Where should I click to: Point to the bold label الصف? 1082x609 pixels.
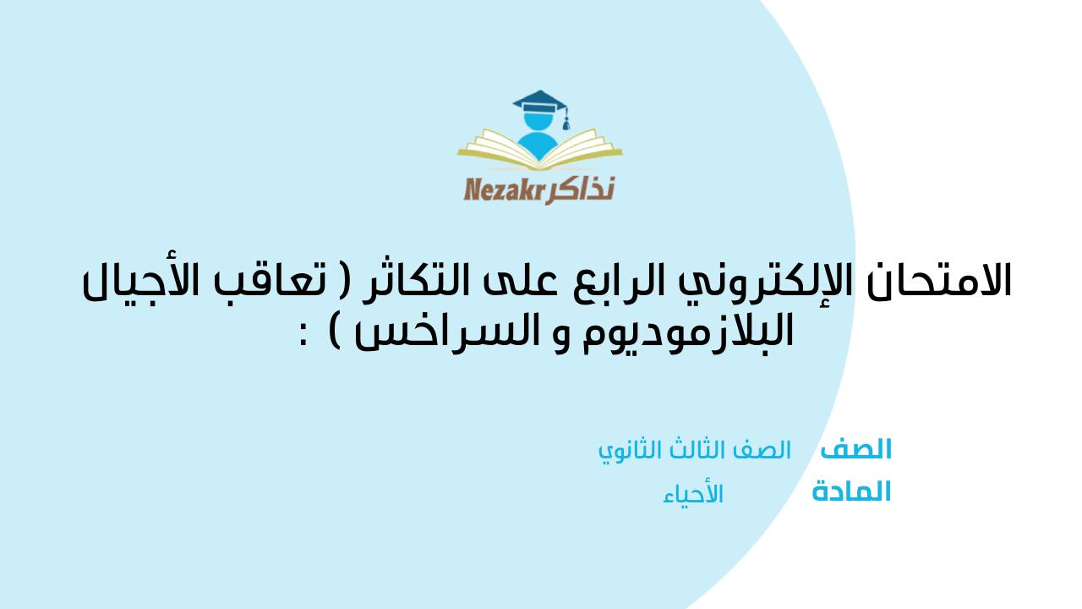(x=856, y=449)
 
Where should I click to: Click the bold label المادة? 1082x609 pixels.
(x=851, y=491)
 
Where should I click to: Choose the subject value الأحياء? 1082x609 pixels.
(x=693, y=494)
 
